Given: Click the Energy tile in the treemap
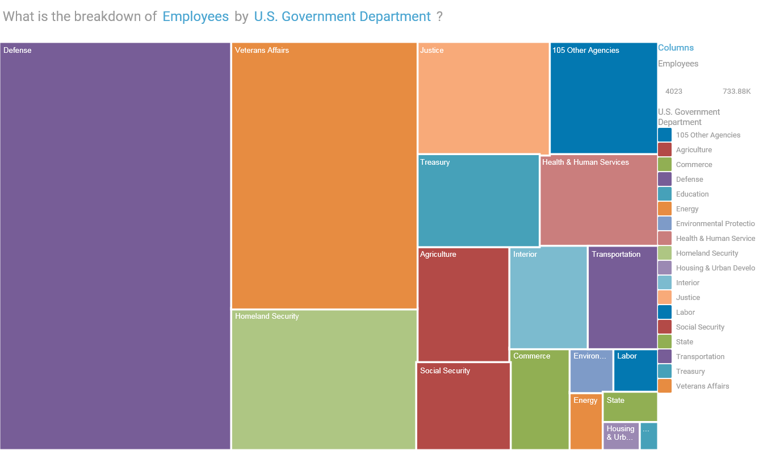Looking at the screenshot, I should click(x=586, y=422).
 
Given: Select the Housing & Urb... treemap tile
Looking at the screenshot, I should click(x=621, y=436).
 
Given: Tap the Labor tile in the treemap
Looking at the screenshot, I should click(x=635, y=370).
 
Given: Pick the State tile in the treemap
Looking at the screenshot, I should click(x=630, y=407).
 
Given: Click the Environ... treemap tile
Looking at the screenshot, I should click(x=591, y=371).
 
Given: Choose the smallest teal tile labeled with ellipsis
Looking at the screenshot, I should click(x=649, y=436).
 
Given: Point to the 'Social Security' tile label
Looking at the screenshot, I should click(x=445, y=371).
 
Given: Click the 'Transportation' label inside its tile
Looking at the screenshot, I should click(x=616, y=255).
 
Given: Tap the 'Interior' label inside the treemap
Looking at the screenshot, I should click(x=525, y=255).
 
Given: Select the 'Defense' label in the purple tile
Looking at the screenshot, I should click(x=18, y=51).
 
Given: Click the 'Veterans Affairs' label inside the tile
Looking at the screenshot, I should click(x=262, y=51).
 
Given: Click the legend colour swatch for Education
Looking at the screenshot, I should click(x=665, y=194).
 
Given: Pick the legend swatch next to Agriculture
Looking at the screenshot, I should click(x=665, y=149).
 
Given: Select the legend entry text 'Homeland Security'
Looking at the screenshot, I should click(x=707, y=253).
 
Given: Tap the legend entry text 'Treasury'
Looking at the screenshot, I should click(x=690, y=372).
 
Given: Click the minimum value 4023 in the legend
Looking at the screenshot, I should click(x=674, y=91).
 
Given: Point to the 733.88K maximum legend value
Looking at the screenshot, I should click(x=736, y=91).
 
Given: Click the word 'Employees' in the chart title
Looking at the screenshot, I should click(x=195, y=16).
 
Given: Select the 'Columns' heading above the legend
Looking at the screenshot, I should click(x=676, y=48).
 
